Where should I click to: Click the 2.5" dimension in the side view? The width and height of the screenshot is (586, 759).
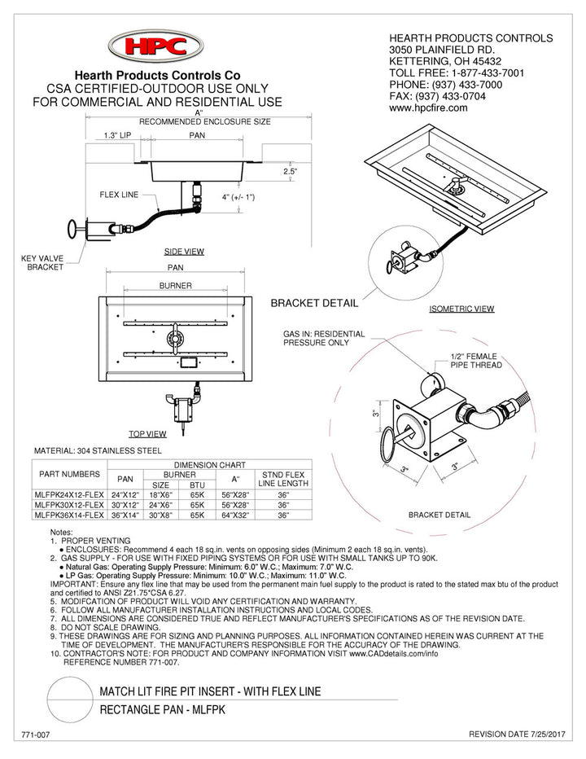click(x=291, y=172)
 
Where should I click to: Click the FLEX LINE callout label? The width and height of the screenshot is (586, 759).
click(x=119, y=195)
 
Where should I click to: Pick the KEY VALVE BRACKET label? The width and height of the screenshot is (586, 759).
click(x=41, y=263)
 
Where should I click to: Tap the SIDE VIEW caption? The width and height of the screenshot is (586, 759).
click(x=184, y=252)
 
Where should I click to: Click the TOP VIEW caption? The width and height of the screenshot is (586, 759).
click(x=147, y=434)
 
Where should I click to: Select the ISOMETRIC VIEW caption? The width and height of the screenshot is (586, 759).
click(x=461, y=309)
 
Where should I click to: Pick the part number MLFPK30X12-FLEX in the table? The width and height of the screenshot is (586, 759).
click(x=69, y=505)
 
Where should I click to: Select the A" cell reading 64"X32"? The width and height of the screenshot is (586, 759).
click(x=235, y=516)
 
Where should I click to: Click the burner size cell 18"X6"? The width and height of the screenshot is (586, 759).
click(x=160, y=494)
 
